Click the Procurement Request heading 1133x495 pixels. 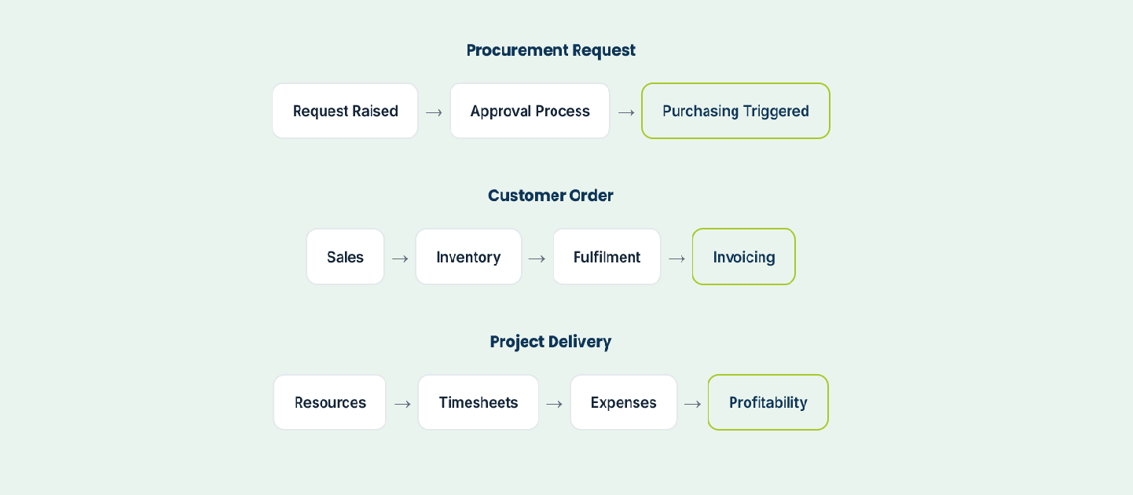click(x=550, y=50)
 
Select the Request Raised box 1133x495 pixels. click(x=345, y=111)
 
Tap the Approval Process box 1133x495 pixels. click(x=530, y=111)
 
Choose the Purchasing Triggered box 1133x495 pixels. click(x=735, y=111)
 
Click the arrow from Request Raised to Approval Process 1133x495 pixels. click(x=434, y=112)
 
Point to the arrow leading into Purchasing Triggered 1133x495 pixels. click(x=626, y=112)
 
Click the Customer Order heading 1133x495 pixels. click(x=550, y=196)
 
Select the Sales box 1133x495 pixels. click(x=345, y=257)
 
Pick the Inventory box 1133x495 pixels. click(x=468, y=257)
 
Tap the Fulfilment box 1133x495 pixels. click(x=607, y=257)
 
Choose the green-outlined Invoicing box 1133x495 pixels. click(x=743, y=257)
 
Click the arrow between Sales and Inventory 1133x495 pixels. click(x=400, y=258)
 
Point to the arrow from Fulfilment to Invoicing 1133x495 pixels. click(x=676, y=258)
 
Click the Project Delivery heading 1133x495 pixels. click(x=550, y=342)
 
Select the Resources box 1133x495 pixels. click(x=330, y=402)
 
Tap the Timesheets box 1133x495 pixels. click(x=478, y=402)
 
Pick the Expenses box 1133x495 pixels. click(x=623, y=402)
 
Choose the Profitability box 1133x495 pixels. click(x=768, y=402)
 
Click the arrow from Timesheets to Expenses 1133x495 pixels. click(x=555, y=404)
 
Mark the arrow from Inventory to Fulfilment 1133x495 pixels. click(x=537, y=258)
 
